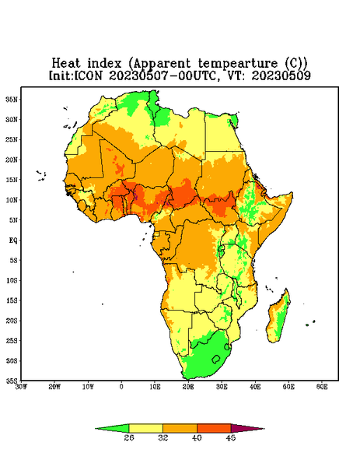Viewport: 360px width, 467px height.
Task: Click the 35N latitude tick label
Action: tap(12, 100)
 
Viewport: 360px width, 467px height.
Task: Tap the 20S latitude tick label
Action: tap(12, 321)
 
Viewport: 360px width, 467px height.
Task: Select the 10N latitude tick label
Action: tap(12, 200)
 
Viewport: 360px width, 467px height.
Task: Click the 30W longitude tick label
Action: tap(21, 387)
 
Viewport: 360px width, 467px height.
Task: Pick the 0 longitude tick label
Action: tap(121, 387)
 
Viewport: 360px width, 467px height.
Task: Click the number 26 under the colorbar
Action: tap(129, 437)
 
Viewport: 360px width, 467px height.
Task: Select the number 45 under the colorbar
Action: tap(231, 437)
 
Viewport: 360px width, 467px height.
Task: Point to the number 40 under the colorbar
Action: tap(197, 437)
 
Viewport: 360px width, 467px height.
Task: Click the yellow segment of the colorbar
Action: tap(145, 428)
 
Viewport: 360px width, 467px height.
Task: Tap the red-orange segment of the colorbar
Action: tap(214, 428)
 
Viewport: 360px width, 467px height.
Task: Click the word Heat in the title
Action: tap(66, 63)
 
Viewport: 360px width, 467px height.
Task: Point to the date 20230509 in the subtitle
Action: tap(281, 75)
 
